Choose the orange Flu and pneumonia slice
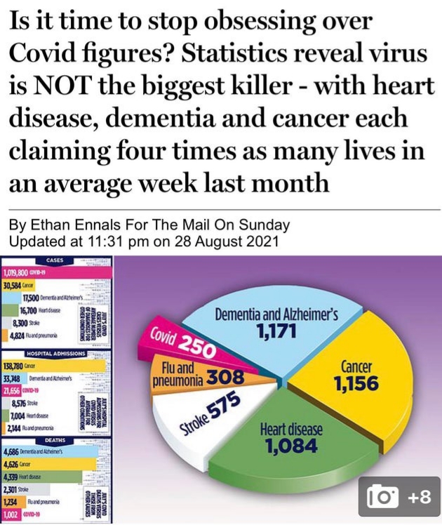pos(196,375)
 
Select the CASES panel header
pos(54,260)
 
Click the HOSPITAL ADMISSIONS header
pos(55,353)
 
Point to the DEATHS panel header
pos(54,441)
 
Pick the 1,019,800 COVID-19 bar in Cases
pos(42,273)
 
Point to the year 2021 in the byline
pos(262,241)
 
